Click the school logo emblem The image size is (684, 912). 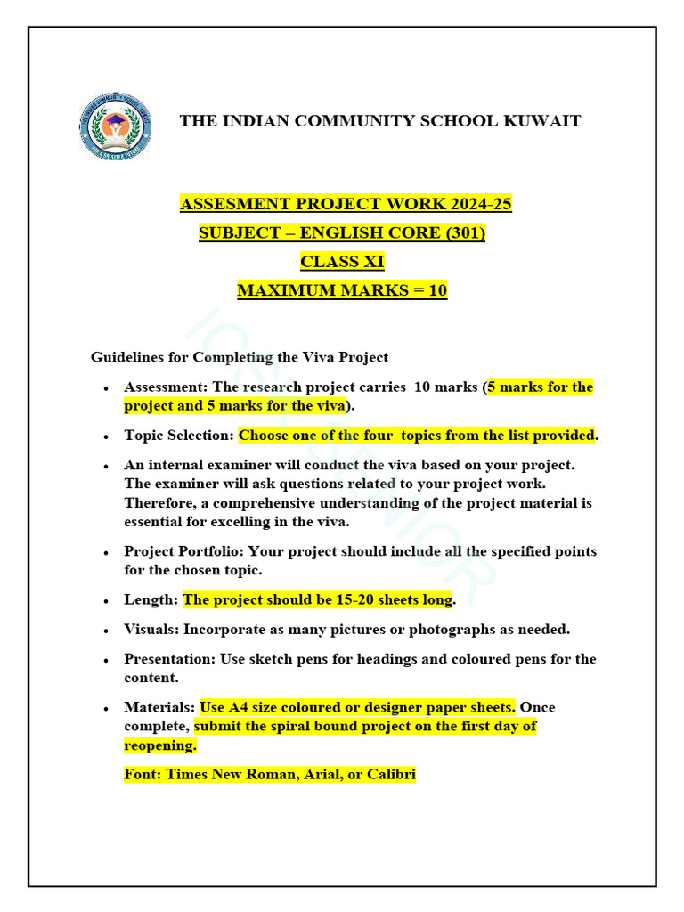(115, 126)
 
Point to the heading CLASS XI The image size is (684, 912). (343, 262)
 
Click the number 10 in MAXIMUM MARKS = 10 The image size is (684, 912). (437, 290)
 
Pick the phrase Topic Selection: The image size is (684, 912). (179, 436)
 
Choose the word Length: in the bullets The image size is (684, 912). (151, 599)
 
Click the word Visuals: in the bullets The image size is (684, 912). (151, 630)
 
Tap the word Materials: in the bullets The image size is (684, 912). (159, 707)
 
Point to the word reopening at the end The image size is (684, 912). (159, 745)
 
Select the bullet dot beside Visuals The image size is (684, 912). (106, 631)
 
